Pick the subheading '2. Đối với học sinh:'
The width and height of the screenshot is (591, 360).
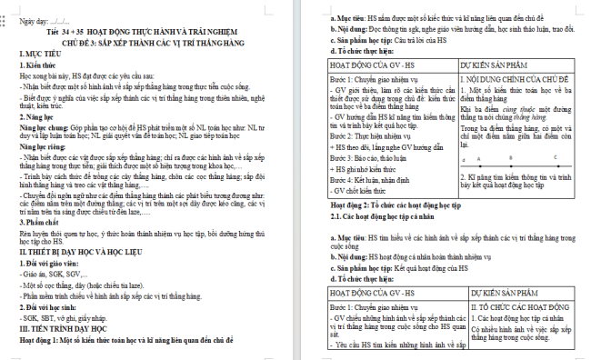(55, 307)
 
